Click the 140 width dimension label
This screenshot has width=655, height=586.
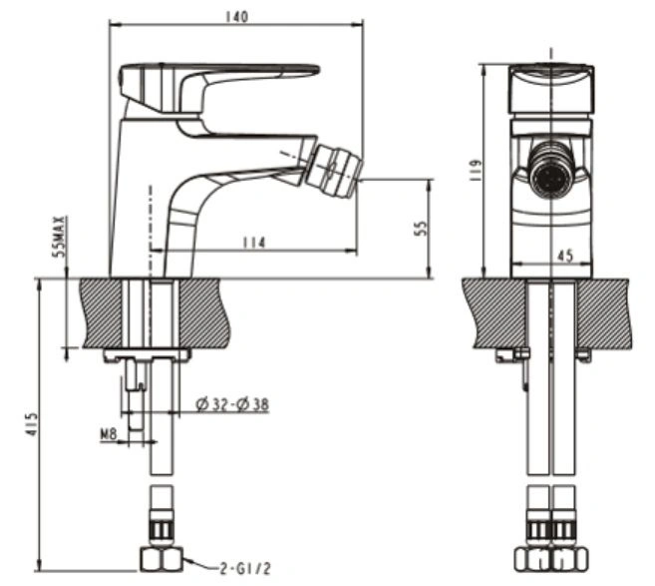[236, 17]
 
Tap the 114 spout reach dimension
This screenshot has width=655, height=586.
[253, 243]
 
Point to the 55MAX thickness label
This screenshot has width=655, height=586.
[59, 237]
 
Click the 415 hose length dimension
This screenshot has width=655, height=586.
[32, 425]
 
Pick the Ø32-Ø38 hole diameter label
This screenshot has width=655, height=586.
[232, 404]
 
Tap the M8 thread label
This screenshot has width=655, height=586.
[109, 434]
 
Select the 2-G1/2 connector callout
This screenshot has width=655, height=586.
[245, 568]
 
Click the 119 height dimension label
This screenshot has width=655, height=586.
[475, 171]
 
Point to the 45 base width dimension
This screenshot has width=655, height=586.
[564, 256]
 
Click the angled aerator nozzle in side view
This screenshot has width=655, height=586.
[333, 171]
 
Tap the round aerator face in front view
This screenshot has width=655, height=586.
[552, 171]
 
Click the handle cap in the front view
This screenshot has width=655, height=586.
[552, 90]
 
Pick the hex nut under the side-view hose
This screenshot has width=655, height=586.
[161, 560]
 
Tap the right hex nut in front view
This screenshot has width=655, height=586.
[570, 560]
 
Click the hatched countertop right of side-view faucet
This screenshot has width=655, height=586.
[203, 312]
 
